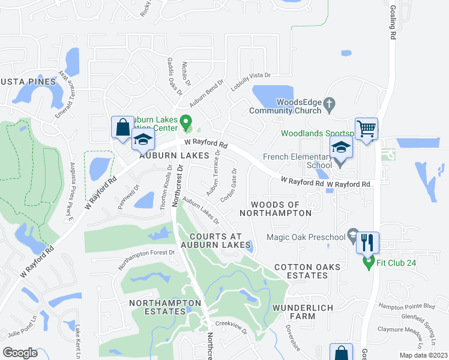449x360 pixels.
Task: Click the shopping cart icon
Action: point(366,129)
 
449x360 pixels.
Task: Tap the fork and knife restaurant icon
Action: point(367,243)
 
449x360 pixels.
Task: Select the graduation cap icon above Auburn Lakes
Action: point(143,140)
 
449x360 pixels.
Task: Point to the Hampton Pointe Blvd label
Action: point(406,306)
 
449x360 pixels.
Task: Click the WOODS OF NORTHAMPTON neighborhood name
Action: point(275,208)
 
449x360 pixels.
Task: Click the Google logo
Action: point(20,352)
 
